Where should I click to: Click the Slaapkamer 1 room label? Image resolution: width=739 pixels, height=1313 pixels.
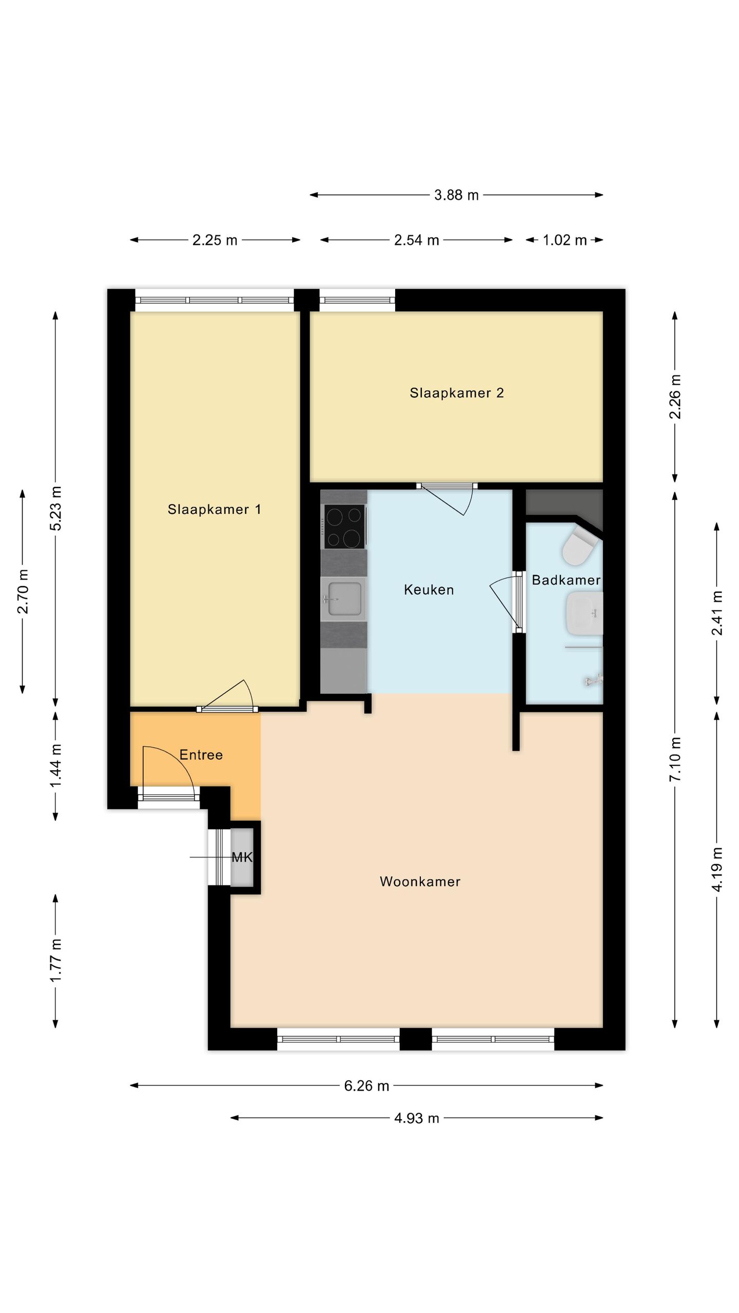(x=214, y=509)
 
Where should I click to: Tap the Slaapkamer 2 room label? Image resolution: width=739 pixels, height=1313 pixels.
(x=456, y=393)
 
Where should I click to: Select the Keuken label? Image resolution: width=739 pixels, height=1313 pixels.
(x=429, y=590)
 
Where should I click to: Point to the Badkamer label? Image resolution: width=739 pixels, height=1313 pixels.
(x=566, y=580)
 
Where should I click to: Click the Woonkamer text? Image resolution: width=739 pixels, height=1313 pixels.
(x=420, y=882)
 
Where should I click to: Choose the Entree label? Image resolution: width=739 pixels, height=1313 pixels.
(x=201, y=755)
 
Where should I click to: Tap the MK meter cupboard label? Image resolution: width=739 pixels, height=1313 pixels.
(x=242, y=857)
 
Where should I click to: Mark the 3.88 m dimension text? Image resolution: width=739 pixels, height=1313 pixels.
(x=456, y=195)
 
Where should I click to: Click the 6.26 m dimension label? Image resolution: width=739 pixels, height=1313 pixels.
(x=366, y=1086)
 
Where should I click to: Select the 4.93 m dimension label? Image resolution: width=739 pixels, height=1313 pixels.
(x=416, y=1118)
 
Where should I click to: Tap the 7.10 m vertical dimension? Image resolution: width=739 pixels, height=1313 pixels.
(x=675, y=759)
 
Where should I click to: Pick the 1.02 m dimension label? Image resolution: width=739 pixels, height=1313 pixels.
(x=565, y=240)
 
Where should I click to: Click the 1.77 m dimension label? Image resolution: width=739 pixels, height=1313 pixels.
(x=55, y=961)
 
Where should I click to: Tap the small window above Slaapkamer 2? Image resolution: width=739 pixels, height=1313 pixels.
(x=357, y=300)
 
